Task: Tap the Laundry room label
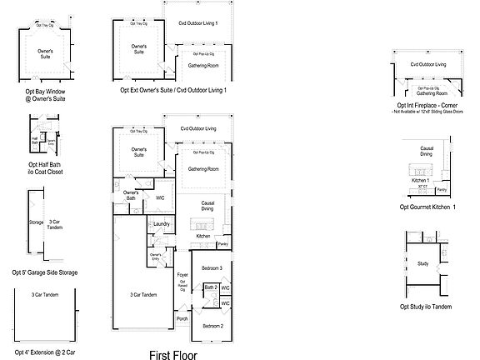[162, 223]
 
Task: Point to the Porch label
[182, 317]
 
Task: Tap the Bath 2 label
[210, 287]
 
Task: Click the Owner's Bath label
[131, 197]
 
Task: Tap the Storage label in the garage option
[36, 222]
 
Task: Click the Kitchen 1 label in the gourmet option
[422, 180]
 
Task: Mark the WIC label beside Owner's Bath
[161, 197]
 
